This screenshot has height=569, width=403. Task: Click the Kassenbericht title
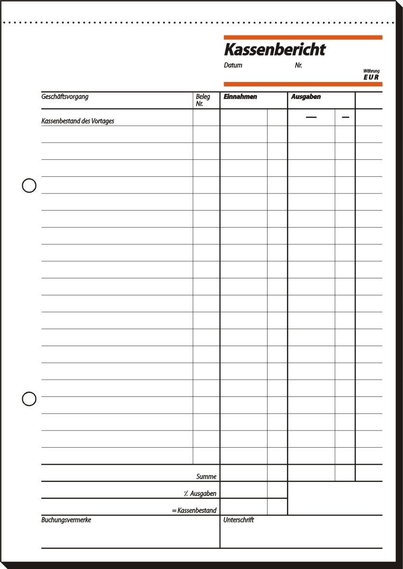(x=275, y=49)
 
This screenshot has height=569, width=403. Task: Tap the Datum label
(x=233, y=65)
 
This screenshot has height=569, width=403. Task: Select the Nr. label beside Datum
(x=298, y=65)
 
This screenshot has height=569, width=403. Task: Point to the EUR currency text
(x=371, y=77)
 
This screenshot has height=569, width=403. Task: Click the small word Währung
(x=372, y=71)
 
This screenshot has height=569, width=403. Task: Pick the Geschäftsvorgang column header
(x=65, y=97)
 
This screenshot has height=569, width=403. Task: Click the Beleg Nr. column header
(x=203, y=100)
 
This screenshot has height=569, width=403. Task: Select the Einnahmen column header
(x=241, y=97)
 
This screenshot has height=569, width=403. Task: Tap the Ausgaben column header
(x=306, y=97)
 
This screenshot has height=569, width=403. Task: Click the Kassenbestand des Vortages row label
(x=78, y=121)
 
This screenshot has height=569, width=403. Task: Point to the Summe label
(x=206, y=477)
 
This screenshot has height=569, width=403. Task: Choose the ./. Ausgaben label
(x=200, y=494)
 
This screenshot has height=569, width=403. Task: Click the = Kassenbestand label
(x=195, y=511)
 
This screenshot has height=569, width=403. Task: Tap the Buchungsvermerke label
(x=66, y=520)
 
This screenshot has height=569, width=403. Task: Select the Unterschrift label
(x=239, y=520)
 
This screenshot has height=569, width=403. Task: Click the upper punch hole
(x=29, y=185)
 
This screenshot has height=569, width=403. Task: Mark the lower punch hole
(x=29, y=399)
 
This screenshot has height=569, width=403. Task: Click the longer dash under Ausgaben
(x=311, y=117)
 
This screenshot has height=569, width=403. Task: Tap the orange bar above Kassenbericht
(x=303, y=37)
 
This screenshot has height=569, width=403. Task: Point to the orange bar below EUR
(x=303, y=84)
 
